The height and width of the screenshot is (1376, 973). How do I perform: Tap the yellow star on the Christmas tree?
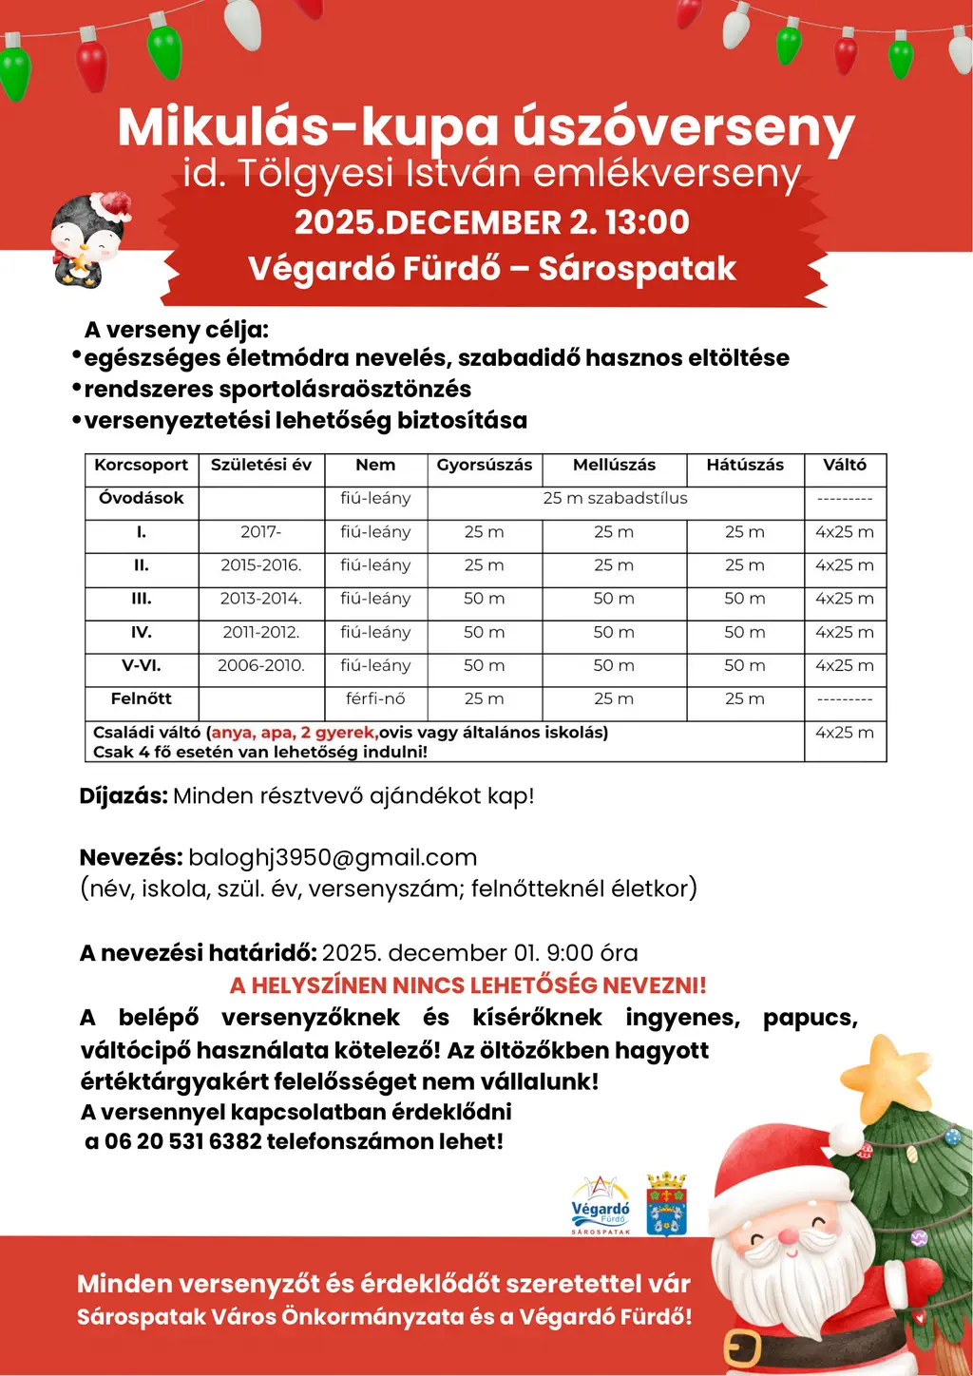click(x=887, y=1078)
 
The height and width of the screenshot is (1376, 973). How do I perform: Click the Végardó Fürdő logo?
click(x=601, y=1205)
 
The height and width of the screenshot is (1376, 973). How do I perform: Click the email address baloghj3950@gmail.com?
click(x=333, y=857)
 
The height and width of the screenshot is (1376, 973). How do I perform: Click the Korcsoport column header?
click(x=142, y=465)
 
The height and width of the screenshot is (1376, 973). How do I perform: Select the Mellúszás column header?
click(x=614, y=465)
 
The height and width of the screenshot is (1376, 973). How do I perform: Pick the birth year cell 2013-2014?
click(x=261, y=599)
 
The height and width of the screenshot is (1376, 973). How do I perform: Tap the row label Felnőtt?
click(x=142, y=698)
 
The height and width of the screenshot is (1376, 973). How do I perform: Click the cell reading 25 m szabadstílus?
click(x=615, y=498)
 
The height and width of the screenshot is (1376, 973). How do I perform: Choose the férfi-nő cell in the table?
click(x=375, y=698)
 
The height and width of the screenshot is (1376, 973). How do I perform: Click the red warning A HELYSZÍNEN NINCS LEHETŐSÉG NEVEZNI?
click(x=467, y=985)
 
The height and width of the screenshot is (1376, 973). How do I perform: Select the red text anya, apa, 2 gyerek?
click(x=295, y=733)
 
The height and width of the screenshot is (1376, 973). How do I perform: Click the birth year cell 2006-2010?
click(x=261, y=665)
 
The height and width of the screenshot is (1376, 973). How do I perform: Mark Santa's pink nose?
click(x=789, y=1236)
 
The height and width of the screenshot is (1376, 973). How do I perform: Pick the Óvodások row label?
click(x=142, y=498)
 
